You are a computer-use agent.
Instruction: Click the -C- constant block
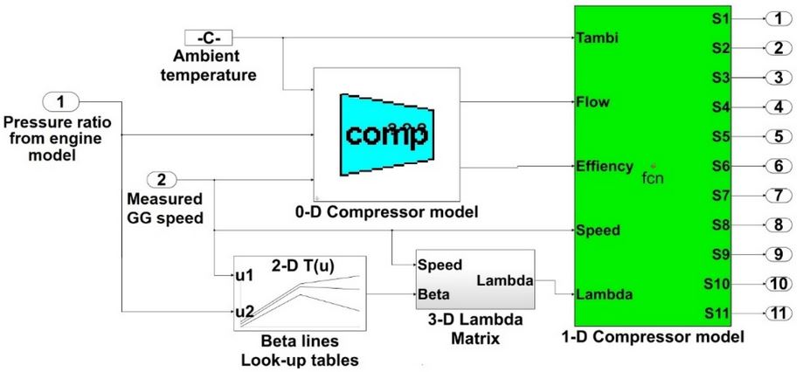point(209,38)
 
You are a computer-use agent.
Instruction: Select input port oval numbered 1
point(61,103)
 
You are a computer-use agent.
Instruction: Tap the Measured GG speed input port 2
point(162,181)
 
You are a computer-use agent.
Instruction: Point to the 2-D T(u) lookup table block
point(298,292)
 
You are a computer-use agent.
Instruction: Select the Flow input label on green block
point(592,103)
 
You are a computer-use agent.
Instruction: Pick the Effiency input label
point(604,165)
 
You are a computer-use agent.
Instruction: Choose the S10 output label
point(716,284)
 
